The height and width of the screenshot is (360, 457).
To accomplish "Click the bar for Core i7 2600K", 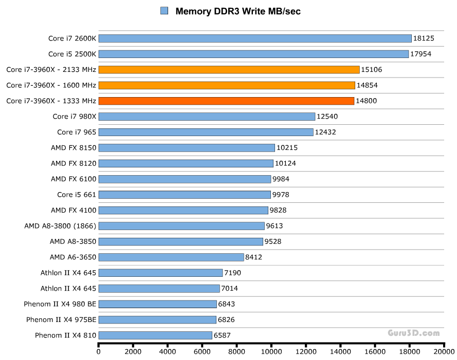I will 255,39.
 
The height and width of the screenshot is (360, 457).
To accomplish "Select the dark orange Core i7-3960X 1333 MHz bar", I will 226,101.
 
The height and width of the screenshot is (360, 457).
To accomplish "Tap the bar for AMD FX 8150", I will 187,148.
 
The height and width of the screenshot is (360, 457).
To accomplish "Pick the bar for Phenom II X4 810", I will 155,335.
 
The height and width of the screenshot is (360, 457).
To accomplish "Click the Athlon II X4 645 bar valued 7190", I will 160,273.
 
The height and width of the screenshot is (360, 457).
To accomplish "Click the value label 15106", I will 372,70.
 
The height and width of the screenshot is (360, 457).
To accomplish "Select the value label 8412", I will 253,257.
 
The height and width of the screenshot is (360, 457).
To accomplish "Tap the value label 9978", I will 282,195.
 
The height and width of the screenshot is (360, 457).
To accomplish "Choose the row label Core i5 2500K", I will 72,54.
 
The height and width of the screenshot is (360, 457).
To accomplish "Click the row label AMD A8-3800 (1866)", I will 60,226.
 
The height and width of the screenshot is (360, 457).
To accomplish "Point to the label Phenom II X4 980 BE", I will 60,304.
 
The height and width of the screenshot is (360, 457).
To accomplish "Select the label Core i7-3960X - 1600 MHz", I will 51,85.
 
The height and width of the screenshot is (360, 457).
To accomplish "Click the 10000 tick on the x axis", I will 271,352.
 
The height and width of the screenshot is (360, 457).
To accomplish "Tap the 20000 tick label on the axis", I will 444,352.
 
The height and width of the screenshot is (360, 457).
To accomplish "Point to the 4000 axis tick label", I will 168,352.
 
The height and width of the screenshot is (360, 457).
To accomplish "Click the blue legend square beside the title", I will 164,11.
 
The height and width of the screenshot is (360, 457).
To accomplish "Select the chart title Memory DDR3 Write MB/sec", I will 237,11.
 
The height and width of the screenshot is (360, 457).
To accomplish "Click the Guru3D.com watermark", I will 413,333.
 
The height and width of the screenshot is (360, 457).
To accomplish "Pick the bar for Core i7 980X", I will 207,117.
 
